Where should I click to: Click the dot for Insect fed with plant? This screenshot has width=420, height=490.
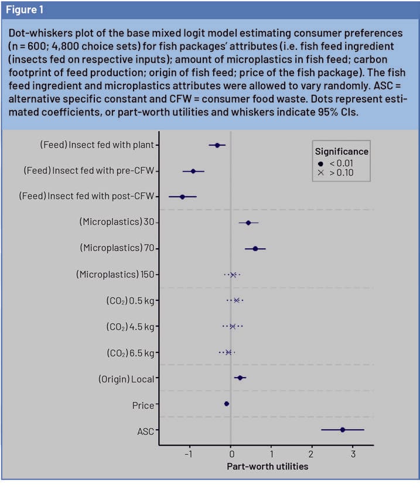217,145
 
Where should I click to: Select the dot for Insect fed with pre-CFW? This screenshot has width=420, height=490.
193,171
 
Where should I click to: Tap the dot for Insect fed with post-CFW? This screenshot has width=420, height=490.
182,197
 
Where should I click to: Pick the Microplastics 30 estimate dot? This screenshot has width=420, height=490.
248,222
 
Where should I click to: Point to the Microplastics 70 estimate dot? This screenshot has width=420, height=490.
255,249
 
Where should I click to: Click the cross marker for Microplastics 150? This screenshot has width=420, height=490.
233,275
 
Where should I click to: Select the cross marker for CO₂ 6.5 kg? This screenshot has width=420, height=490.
228,352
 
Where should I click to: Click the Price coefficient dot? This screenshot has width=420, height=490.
227,403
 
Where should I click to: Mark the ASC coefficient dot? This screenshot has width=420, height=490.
343,430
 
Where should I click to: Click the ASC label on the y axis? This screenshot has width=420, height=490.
145,431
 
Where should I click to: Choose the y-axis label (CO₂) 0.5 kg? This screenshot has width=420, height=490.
127,301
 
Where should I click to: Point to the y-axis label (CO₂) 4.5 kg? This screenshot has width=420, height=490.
127,327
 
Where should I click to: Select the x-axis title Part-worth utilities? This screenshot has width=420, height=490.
267,467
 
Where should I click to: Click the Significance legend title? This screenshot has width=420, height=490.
342,151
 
